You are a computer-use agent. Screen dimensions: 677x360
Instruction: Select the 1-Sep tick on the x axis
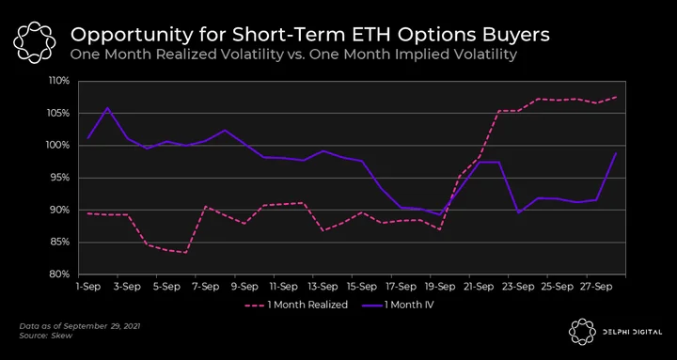pyautogui.click(x=88, y=286)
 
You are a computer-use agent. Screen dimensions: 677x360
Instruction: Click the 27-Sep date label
pyautogui.click(x=597, y=286)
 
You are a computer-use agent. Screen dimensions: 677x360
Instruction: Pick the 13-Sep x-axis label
pyautogui.click(x=323, y=286)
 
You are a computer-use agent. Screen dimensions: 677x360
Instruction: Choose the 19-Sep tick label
pyautogui.click(x=440, y=286)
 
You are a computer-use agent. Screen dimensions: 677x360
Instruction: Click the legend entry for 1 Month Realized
pyautogui.click(x=296, y=305)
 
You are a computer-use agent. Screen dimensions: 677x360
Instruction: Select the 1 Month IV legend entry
pyautogui.click(x=402, y=305)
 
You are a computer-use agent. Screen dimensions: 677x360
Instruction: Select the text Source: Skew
pyautogui.click(x=46, y=336)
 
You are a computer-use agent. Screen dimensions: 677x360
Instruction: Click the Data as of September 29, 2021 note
pyautogui.click(x=80, y=326)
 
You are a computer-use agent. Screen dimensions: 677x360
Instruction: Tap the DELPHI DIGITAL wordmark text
pyautogui.click(x=632, y=332)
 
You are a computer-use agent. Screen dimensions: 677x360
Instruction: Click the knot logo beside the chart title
pyautogui.click(x=34, y=42)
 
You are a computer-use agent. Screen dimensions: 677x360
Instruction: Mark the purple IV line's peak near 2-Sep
pyautogui.click(x=107, y=107)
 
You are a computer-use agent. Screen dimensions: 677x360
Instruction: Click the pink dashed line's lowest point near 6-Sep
pyautogui.click(x=185, y=253)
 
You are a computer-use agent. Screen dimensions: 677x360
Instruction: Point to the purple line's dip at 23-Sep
pyautogui.click(x=518, y=212)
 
